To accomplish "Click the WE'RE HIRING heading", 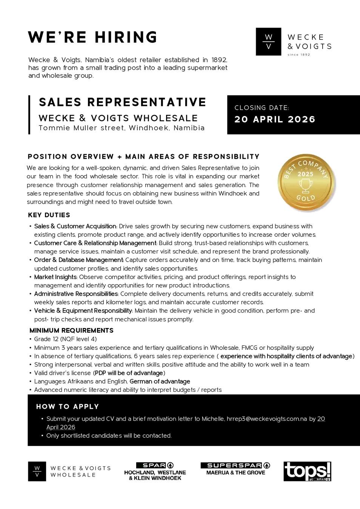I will (92, 37).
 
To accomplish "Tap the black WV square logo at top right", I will (268, 42).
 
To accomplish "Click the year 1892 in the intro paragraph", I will (219, 60).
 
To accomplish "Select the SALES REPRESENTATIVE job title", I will (123, 102).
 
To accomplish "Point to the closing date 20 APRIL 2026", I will (275, 120).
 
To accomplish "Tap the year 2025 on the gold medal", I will (305, 174).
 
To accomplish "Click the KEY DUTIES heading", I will (49, 215).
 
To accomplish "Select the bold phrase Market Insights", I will (55, 277).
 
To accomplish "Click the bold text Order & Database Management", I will (78, 260).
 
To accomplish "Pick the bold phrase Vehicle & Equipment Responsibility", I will (83, 311).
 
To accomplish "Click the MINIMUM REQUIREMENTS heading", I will (71, 331).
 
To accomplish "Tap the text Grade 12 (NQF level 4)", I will (65, 339).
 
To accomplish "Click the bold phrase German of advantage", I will (160, 382).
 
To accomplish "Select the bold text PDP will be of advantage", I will (129, 373).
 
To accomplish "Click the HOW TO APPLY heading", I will (68, 407).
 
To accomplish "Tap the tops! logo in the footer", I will (307, 471).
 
